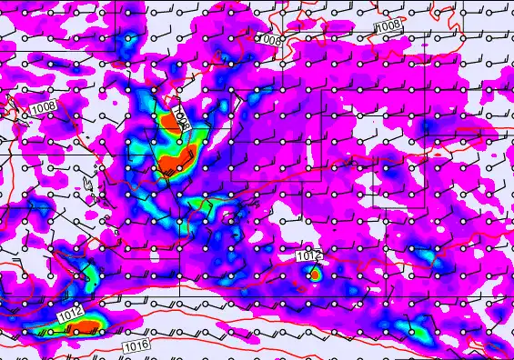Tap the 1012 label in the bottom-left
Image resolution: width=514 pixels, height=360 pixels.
[x=71, y=315]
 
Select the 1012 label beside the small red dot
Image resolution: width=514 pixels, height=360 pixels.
[x=307, y=258]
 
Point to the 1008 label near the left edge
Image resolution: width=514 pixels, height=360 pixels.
[x=42, y=109]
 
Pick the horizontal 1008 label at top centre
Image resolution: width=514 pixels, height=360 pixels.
[x=268, y=40]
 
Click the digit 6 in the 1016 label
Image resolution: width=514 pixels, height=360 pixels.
[x=144, y=345]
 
